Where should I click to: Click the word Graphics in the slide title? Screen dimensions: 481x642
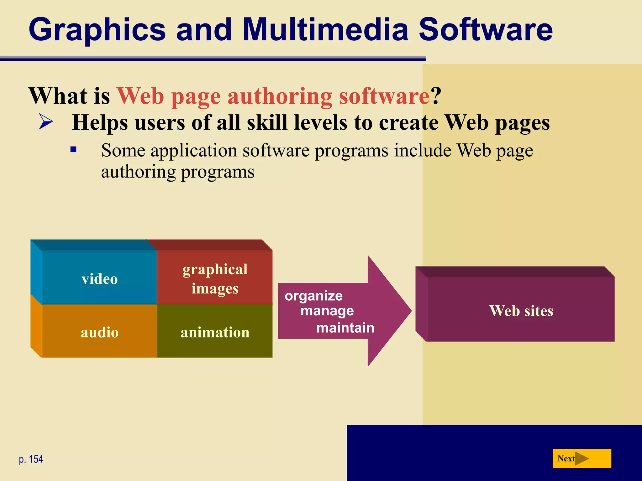(97, 30)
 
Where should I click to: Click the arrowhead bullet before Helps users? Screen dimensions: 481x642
(46, 122)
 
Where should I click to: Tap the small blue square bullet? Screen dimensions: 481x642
(74, 150)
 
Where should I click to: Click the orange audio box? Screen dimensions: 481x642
(99, 332)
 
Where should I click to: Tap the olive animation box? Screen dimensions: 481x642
(215, 332)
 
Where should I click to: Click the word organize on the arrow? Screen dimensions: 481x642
(313, 296)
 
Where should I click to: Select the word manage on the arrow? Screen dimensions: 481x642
(327, 311)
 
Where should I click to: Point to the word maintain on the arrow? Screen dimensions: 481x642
(345, 328)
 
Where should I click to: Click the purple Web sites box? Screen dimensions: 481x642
(521, 310)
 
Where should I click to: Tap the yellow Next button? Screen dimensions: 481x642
(581, 458)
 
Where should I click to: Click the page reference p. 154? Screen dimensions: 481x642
(31, 459)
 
